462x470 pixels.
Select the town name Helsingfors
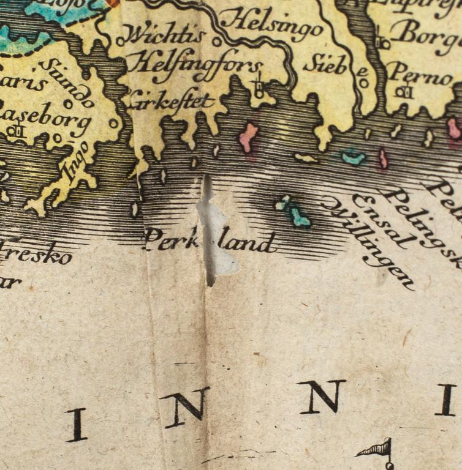195,65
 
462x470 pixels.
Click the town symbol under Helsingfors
259,89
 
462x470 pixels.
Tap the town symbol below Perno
403,92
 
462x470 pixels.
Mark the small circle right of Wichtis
216,42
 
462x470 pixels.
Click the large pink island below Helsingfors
248,138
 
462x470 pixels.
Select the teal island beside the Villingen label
299,215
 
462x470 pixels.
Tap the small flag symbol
377,450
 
